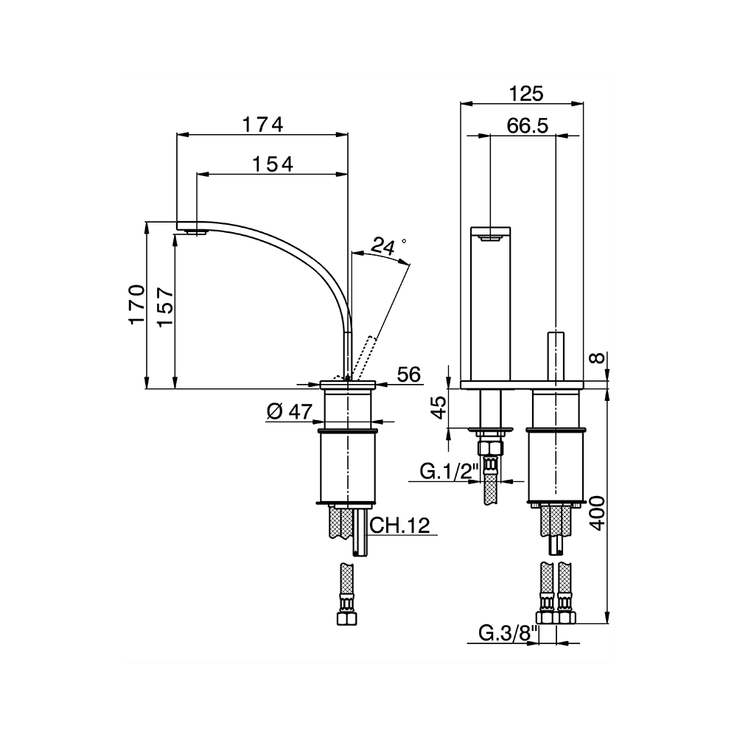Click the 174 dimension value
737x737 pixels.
click(263, 125)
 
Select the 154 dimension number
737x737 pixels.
click(273, 164)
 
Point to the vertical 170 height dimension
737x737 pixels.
click(136, 304)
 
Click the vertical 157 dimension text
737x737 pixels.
click(166, 307)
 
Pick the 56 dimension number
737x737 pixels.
click(408, 374)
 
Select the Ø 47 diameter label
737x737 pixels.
click(290, 411)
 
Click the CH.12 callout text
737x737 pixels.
click(400, 525)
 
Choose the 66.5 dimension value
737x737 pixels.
click(528, 125)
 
